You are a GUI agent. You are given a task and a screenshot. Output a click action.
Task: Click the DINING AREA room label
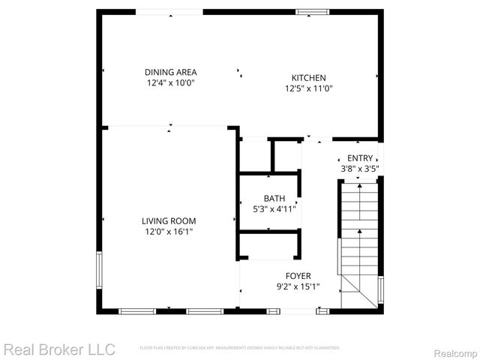pos(170,72)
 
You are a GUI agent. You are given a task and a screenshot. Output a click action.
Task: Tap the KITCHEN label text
pos(308,77)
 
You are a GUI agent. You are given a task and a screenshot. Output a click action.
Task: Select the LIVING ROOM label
pos(169,220)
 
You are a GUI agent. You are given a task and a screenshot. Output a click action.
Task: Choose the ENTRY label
pos(359,158)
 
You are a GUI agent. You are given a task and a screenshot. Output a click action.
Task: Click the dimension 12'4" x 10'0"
pos(170,83)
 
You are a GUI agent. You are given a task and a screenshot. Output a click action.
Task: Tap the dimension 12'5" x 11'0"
pos(308,88)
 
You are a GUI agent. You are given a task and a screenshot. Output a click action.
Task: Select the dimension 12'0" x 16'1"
pos(169,232)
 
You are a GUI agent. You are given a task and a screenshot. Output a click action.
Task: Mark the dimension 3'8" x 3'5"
pos(359,169)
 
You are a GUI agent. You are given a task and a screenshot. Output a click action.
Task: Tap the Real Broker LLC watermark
pos(59,349)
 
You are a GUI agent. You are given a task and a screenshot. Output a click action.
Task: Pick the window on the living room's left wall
pos(98,271)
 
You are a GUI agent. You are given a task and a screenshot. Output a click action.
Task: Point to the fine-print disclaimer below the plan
pos(240,348)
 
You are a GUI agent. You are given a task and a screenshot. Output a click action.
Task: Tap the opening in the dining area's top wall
pos(169,12)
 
